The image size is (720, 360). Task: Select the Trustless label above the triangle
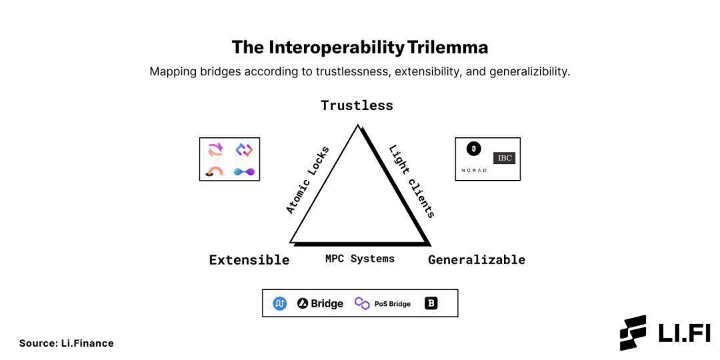[357, 105]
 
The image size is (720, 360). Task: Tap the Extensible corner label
[249, 260]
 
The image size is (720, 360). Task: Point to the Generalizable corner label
[476, 260]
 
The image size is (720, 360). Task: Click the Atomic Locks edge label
[307, 180]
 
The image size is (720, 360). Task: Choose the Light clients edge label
[412, 181]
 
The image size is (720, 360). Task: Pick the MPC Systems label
[359, 259]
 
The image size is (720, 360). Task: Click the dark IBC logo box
[504, 158]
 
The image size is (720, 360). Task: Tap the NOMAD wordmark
[474, 171]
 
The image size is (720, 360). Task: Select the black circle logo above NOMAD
[473, 149]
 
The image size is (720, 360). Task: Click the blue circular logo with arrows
[280, 303]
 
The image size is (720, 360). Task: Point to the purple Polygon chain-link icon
[362, 303]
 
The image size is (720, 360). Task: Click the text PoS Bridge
[392, 304]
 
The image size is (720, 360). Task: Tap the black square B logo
[431, 303]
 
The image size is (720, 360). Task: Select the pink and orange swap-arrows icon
[215, 149]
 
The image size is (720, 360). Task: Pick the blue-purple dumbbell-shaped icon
[245, 171]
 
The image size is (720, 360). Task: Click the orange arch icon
[215, 171]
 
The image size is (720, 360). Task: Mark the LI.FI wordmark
[684, 333]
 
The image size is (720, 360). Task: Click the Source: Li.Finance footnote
[67, 343]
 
